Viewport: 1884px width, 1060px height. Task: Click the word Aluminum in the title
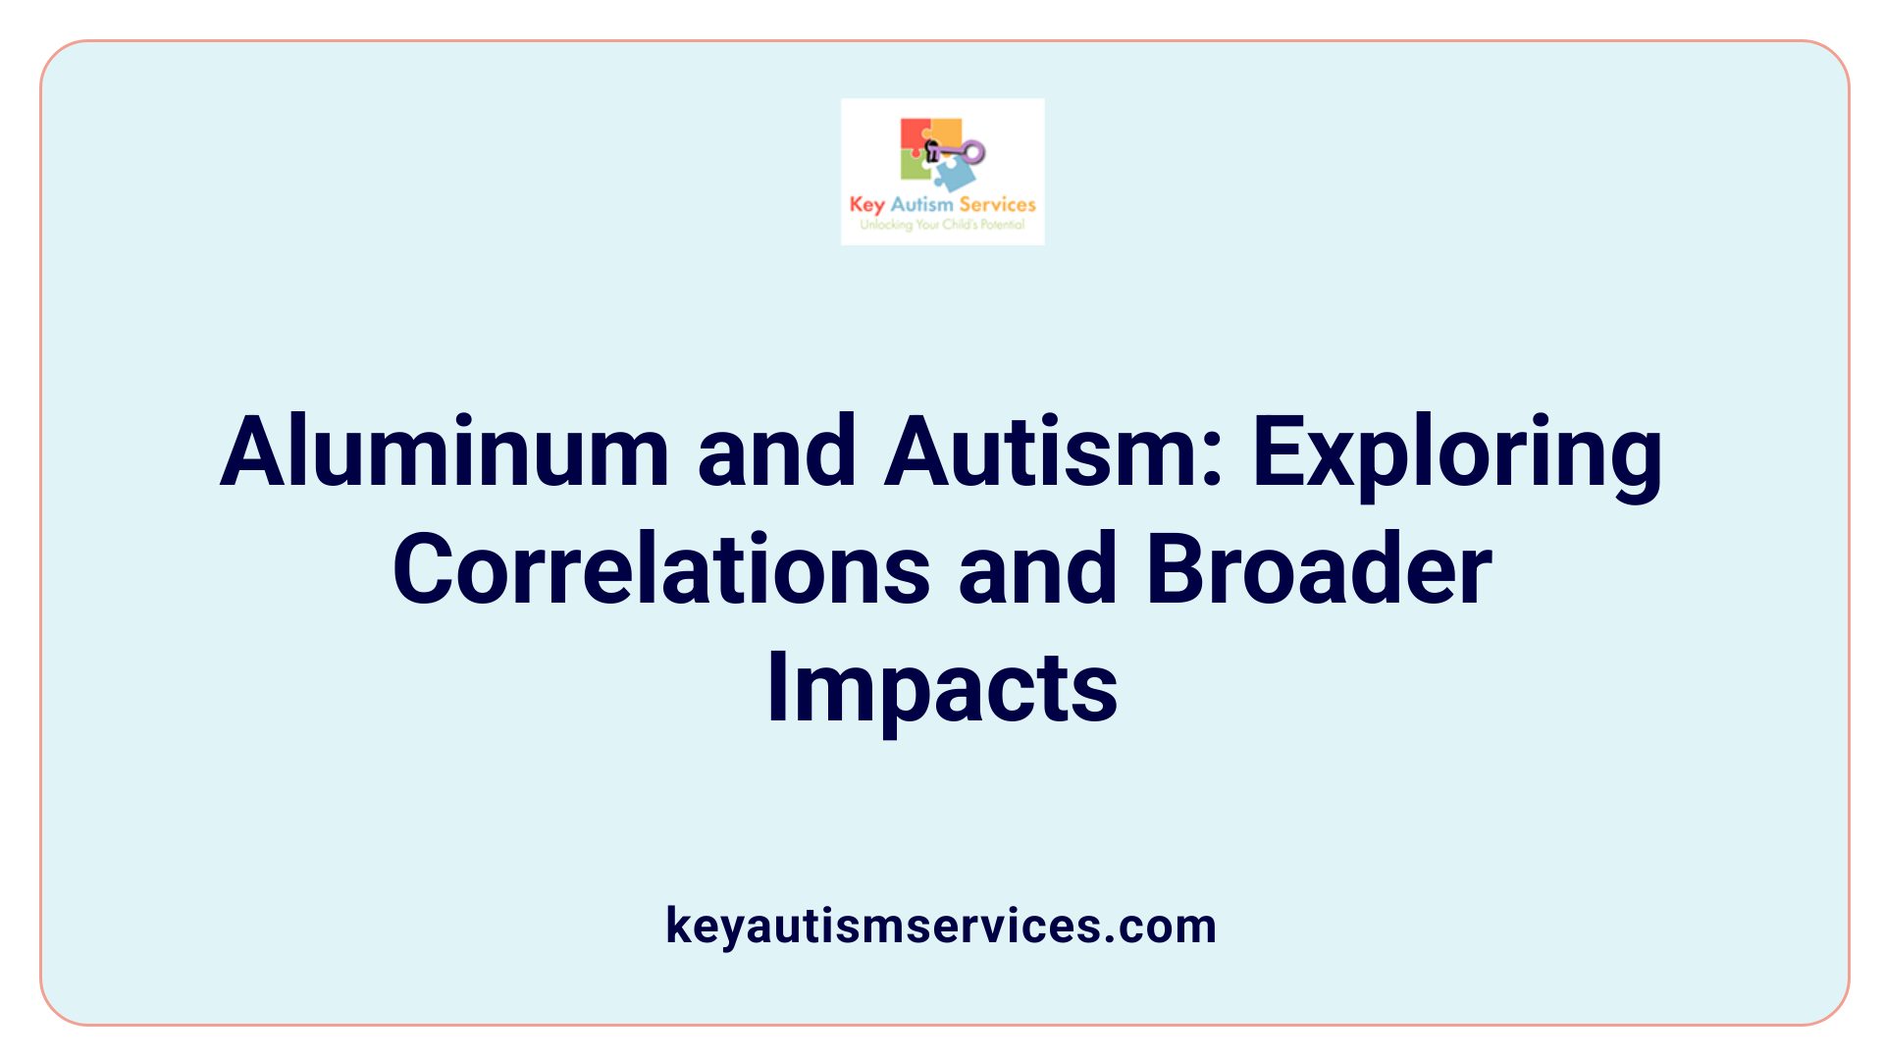pyautogui.click(x=445, y=452)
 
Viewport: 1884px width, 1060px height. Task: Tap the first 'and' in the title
pyautogui.click(x=776, y=452)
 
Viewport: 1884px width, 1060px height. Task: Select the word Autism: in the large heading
pyautogui.click(x=1054, y=452)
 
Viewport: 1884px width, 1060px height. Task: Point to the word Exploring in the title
pyautogui.click(x=1457, y=452)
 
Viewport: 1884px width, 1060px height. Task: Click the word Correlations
pyautogui.click(x=661, y=570)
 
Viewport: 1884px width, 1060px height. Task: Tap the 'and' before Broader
pyautogui.click(x=1037, y=570)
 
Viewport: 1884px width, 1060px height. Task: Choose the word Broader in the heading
pyautogui.click(x=1319, y=570)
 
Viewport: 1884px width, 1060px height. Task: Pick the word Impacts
pyautogui.click(x=942, y=688)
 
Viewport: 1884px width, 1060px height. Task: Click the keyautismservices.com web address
pyautogui.click(x=941, y=926)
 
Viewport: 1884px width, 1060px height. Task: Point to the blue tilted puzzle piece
pyautogui.click(x=955, y=175)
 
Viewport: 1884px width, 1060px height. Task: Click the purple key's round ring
pyautogui.click(x=973, y=152)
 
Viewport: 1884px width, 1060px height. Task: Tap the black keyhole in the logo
pyautogui.click(x=933, y=150)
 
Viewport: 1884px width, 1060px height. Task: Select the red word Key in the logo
pyautogui.click(x=866, y=204)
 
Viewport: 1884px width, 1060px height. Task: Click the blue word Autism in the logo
pyautogui.click(x=921, y=204)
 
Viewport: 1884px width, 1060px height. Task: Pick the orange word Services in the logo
pyautogui.click(x=997, y=204)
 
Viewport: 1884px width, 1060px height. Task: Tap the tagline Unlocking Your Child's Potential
pyautogui.click(x=942, y=225)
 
